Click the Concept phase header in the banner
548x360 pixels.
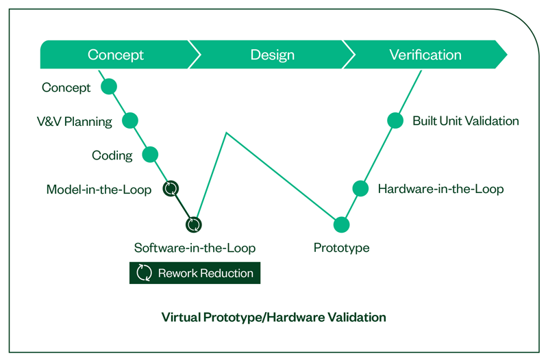point(116,55)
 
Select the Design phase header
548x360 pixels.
point(272,55)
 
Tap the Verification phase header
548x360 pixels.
point(425,55)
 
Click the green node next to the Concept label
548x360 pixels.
point(109,87)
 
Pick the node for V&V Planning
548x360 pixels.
point(129,120)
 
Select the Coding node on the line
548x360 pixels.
point(150,155)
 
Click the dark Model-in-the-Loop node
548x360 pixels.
point(171,188)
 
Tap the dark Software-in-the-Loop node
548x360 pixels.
point(194,224)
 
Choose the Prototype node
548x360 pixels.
point(341,224)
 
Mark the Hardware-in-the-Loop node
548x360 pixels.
point(360,188)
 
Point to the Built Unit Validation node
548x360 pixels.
point(395,120)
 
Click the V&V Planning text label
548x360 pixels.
point(74,122)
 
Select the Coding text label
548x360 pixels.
point(112,155)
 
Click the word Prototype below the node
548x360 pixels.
point(341,248)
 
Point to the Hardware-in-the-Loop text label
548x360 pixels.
point(440,189)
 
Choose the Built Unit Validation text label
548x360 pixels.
point(465,121)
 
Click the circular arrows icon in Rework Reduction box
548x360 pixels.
point(144,273)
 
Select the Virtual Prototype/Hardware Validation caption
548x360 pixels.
point(273,318)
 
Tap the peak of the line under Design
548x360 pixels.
point(226,133)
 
